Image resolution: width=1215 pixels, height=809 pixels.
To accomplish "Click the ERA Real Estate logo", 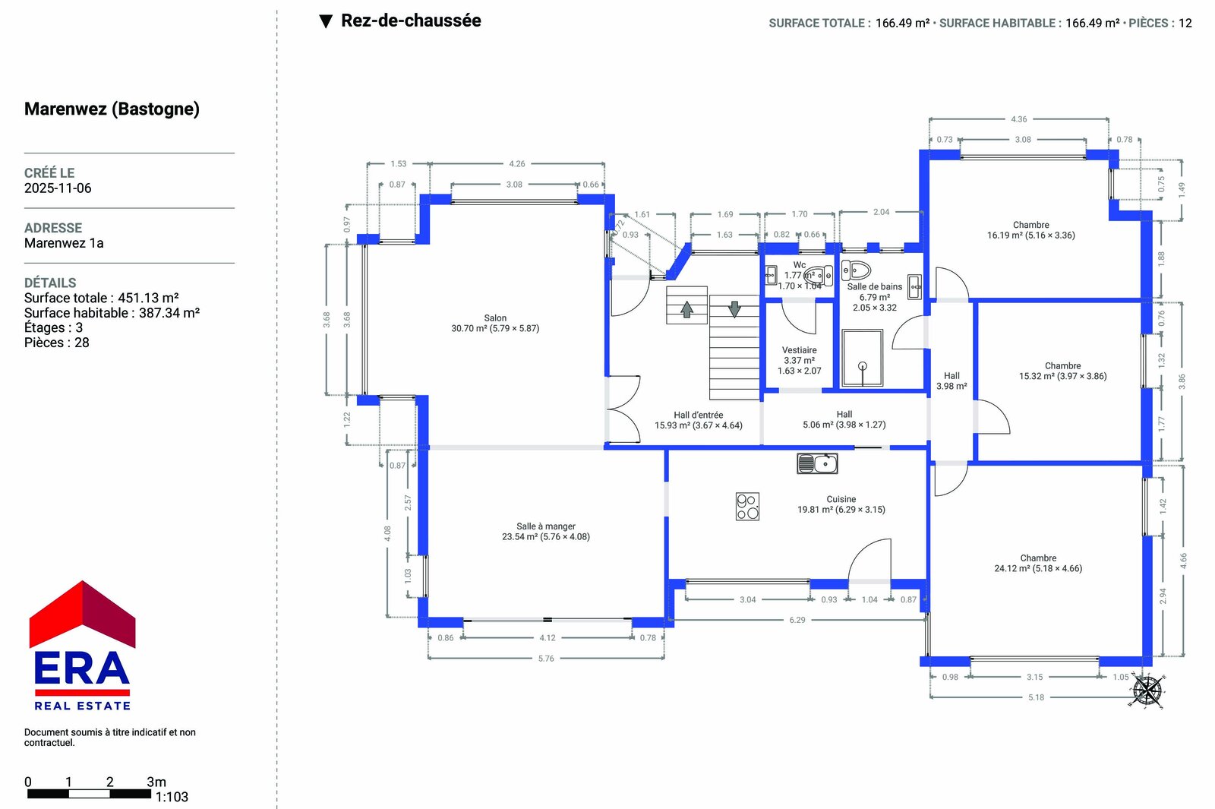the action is (82, 645).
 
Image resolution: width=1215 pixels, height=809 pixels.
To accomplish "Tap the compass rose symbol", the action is (1147, 690).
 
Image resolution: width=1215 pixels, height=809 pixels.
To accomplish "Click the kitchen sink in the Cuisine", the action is (817, 463).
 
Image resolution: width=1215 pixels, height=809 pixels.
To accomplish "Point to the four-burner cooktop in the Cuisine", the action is (747, 506).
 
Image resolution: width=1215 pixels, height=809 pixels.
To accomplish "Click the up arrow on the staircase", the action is (686, 309).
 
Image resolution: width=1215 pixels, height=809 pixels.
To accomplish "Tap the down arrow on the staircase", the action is (734, 308).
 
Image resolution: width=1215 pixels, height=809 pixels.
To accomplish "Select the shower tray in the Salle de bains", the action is (862, 358).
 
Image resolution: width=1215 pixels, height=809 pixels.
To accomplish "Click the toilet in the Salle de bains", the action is (856, 270).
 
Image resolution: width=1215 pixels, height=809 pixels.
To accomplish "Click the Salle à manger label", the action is (546, 526).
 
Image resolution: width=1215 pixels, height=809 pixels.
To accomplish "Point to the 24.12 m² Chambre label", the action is (1037, 563).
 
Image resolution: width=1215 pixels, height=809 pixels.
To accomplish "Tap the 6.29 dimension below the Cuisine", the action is (797, 620).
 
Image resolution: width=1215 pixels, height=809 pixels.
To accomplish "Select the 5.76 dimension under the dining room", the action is (546, 658).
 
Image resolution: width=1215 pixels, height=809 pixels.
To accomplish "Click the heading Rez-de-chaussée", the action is (411, 21).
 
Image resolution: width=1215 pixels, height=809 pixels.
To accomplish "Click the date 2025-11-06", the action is (58, 188).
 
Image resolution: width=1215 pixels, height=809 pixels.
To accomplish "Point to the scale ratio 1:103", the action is (172, 797).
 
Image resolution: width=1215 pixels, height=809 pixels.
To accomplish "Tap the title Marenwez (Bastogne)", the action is (112, 109).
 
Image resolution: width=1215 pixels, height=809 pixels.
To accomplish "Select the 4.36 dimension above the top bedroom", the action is (1018, 119).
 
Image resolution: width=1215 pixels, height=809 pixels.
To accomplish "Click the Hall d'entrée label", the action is (698, 415).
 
